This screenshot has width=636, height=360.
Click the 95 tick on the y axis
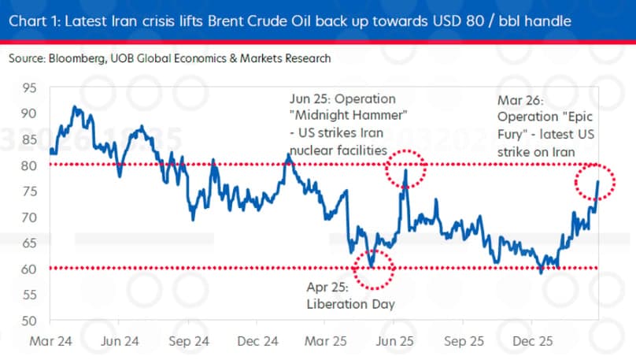click(28, 88)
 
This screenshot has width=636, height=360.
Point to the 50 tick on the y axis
click(28, 321)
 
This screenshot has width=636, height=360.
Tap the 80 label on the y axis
click(28, 165)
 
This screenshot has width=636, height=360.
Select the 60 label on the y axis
click(28, 269)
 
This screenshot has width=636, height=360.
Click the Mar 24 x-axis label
click(53, 343)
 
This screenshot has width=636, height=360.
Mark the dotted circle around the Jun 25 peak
click(405, 168)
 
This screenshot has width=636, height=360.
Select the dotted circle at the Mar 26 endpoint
click(595, 183)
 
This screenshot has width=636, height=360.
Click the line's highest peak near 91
click(75, 107)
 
